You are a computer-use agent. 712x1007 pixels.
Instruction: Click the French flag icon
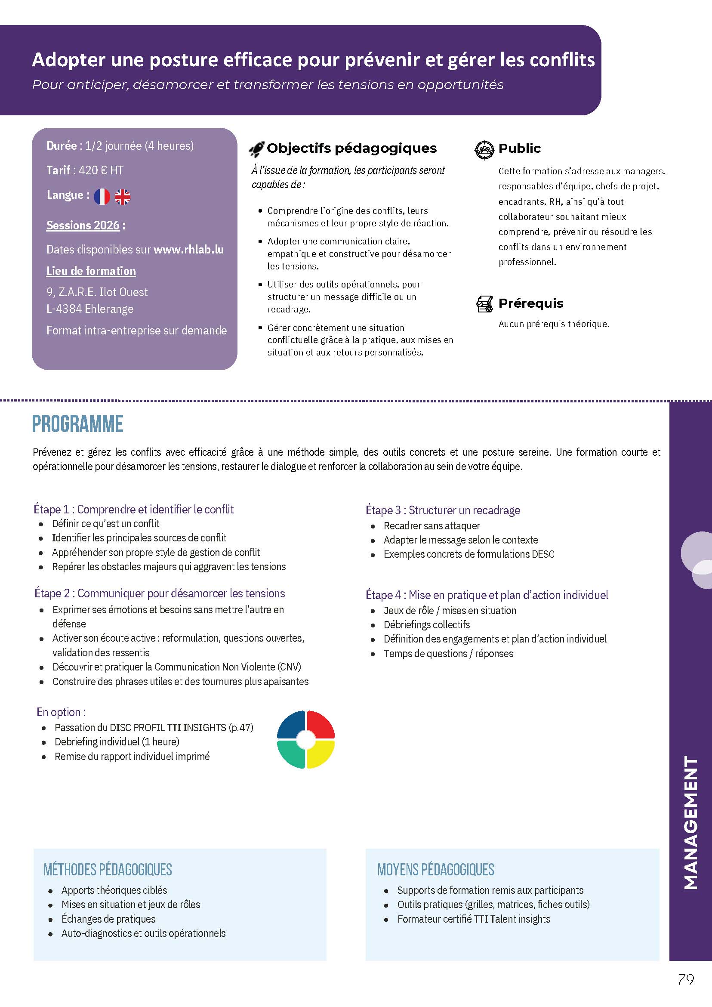coord(102,197)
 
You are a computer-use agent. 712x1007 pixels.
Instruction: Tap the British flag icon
coord(122,197)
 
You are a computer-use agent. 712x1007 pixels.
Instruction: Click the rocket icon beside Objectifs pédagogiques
coord(256,149)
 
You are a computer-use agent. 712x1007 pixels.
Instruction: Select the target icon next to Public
coord(484,150)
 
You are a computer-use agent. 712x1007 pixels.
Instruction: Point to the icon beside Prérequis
coord(484,304)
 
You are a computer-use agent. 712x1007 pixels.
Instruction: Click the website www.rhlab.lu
coord(188,250)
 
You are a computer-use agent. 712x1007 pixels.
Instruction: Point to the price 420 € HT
coord(101,170)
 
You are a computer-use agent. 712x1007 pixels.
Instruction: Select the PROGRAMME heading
coord(77,424)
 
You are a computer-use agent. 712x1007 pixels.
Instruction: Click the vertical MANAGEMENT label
coord(690,822)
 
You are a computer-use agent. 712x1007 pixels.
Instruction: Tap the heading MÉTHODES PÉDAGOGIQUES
coord(108,869)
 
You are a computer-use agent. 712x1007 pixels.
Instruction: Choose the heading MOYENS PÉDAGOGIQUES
coord(435,869)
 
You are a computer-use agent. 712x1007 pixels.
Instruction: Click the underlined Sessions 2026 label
coord(83,225)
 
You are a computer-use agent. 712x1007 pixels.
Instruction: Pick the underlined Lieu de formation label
coord(91,271)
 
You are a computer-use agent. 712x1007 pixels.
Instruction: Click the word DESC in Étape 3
coord(543,554)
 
